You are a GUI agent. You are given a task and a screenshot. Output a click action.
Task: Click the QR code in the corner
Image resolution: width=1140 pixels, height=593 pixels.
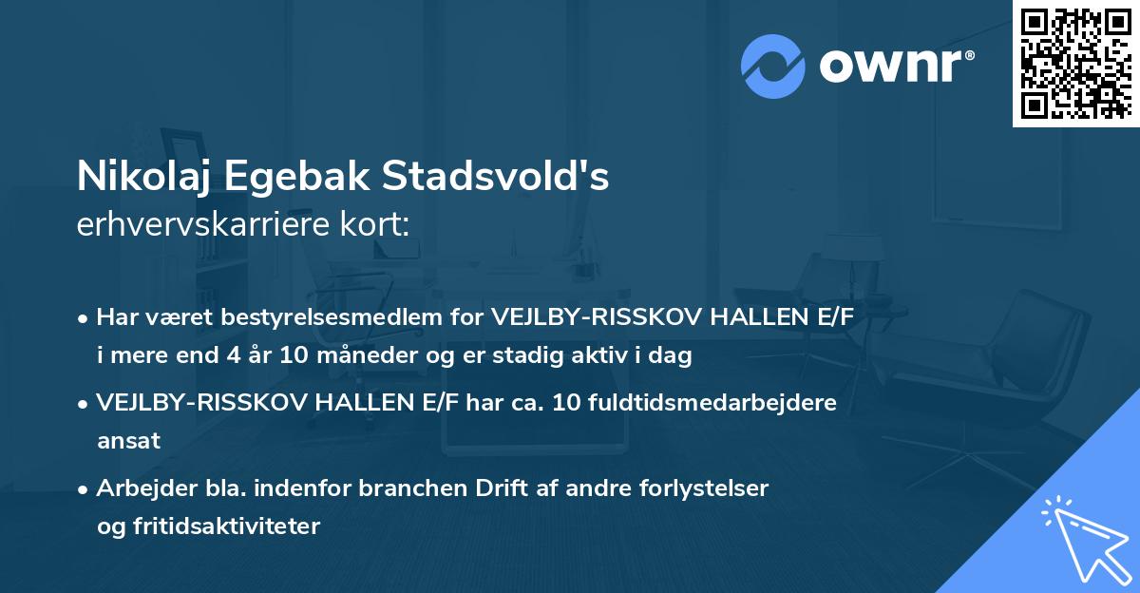[x=1075, y=64]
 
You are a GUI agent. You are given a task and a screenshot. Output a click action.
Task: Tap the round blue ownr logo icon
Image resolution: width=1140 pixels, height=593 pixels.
[x=773, y=66]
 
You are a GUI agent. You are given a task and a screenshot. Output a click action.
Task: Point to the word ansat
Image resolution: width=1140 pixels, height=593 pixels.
[x=128, y=441]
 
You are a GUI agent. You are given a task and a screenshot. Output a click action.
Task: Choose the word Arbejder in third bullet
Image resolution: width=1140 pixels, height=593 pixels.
[x=139, y=488]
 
